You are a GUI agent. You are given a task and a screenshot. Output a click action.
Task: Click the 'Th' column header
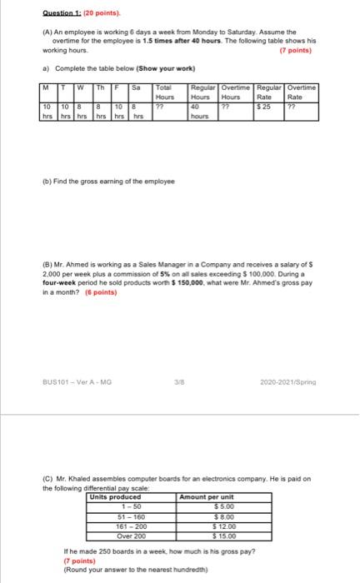(100, 87)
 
